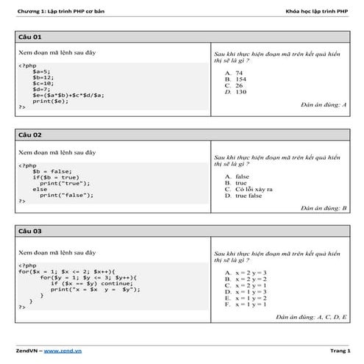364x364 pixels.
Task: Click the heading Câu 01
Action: click(x=30, y=36)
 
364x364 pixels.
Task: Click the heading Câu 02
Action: click(x=30, y=135)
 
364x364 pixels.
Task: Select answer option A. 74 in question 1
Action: click(x=235, y=74)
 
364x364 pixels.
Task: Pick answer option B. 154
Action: click(x=237, y=79)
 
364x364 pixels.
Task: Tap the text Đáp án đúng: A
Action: click(x=324, y=105)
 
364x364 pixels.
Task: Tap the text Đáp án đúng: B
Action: click(x=324, y=208)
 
